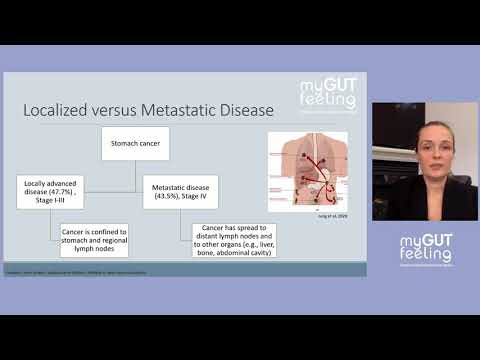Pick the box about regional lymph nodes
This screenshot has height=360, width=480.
(x=94, y=240)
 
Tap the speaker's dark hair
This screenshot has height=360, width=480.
(x=411, y=125)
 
